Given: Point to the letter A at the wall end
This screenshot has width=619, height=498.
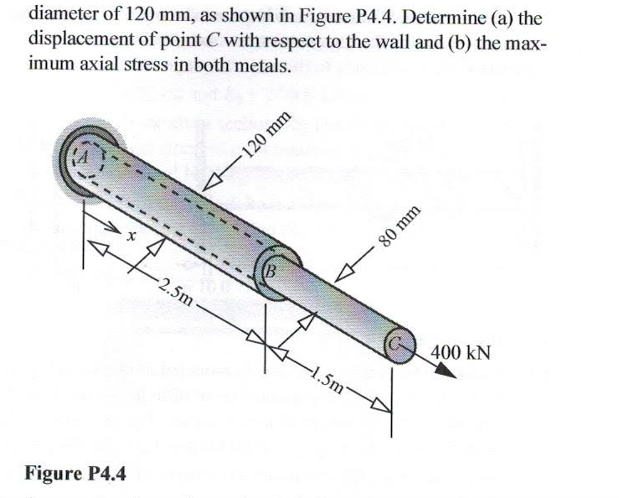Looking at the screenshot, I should pyautogui.click(x=84, y=157).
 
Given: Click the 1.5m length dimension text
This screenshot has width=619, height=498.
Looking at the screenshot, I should pyautogui.click(x=328, y=379).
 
